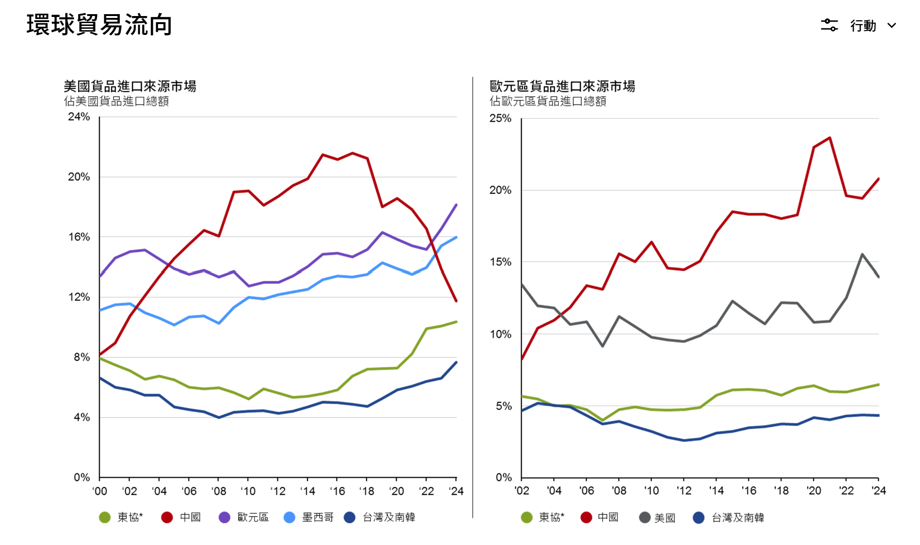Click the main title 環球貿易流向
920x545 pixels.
tap(99, 25)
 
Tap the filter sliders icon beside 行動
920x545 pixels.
tap(829, 25)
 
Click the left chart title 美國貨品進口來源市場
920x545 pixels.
tap(130, 86)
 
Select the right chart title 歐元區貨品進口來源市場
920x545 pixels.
tap(562, 86)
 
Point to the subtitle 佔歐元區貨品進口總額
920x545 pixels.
tap(548, 101)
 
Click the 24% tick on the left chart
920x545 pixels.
tap(79, 117)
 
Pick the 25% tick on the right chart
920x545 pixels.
tap(500, 118)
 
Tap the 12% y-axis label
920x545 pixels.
tap(79, 297)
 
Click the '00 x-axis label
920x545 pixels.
tap(99, 491)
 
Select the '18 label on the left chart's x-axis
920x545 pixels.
tap(367, 491)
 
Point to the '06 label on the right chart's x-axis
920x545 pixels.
tap(586, 491)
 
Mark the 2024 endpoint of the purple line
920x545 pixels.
tap(456, 205)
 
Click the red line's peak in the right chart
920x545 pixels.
tap(830, 138)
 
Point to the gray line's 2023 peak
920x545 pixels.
tap(862, 255)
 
